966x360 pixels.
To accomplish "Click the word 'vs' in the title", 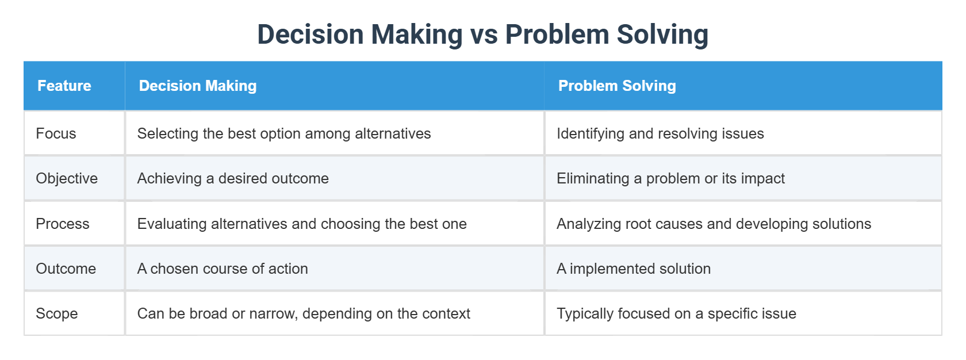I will (484, 35).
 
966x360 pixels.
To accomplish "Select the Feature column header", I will (64, 86).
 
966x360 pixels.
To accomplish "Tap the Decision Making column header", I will (198, 86).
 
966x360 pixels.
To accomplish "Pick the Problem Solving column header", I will (617, 86).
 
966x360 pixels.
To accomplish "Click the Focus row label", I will (56, 133).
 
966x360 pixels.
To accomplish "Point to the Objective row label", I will (67, 178).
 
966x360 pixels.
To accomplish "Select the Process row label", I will (63, 224).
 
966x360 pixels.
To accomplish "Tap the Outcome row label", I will (66, 269).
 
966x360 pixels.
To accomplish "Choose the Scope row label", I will (56, 313).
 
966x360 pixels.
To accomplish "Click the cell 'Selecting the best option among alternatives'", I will (284, 133).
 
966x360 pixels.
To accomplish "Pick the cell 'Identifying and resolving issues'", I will (660, 133).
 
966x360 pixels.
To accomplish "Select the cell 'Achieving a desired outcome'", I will (233, 178).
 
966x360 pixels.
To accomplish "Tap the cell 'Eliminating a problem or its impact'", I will (670, 178).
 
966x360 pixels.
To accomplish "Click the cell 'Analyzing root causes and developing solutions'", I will (714, 224).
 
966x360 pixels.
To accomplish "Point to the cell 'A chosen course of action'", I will (223, 269).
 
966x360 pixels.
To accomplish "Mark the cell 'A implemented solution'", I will (634, 269).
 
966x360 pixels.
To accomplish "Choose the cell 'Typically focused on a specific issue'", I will (676, 313).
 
